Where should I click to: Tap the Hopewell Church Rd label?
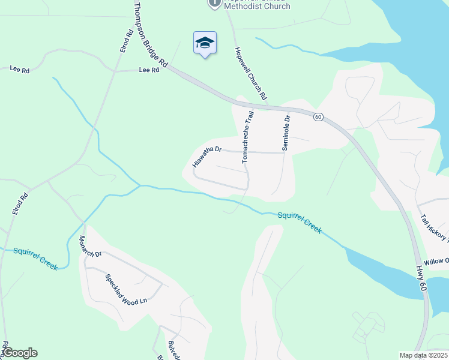pos(250,73)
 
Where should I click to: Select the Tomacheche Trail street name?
pos(248,137)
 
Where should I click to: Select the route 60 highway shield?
pos(318,117)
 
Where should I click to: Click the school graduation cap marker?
pos(205,43)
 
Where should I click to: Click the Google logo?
pos(20,353)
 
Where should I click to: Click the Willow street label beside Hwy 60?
pos(436,262)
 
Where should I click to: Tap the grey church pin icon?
pos(214,3)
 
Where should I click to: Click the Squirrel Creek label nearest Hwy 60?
pos(300,221)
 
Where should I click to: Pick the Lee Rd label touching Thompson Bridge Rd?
pos(149,70)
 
